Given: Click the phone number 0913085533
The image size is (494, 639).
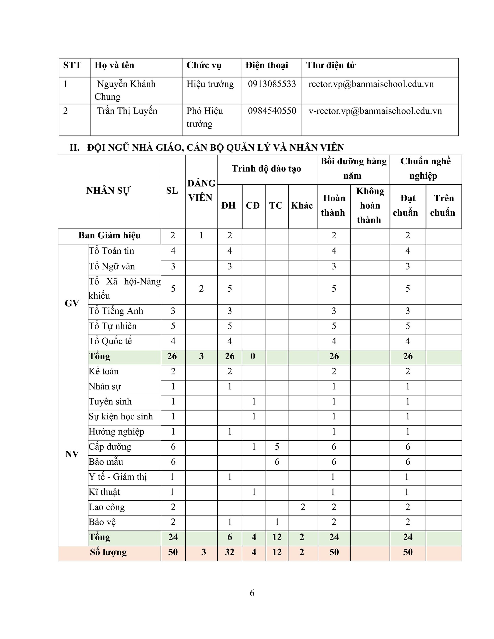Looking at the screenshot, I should click(272, 84).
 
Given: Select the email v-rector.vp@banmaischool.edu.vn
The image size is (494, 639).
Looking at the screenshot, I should click(375, 111).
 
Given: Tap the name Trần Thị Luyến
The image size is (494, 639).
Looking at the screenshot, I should click(127, 111).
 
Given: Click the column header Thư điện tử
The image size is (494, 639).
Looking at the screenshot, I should click(331, 65).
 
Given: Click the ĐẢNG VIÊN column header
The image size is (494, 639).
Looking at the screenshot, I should click(201, 191).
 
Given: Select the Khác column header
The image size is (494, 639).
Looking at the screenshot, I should click(302, 205).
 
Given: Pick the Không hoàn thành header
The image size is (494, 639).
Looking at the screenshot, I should click(370, 205).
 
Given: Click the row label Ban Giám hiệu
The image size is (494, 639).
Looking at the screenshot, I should click(109, 236).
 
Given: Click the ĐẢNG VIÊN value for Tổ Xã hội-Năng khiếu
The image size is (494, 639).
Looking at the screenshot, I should click(201, 289).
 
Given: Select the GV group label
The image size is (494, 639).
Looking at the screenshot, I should click(72, 303).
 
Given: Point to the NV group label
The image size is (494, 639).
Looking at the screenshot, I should click(72, 454).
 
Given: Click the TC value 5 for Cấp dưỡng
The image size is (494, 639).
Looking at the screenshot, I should click(277, 447).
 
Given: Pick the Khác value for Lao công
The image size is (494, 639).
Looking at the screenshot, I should click(303, 507).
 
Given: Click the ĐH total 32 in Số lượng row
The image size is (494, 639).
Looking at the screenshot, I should click(229, 552).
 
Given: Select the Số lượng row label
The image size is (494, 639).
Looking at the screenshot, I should click(108, 552).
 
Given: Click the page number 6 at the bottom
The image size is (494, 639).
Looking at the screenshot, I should click(252, 593).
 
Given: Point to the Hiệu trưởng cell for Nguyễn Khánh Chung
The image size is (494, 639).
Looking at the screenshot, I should click(210, 84).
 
